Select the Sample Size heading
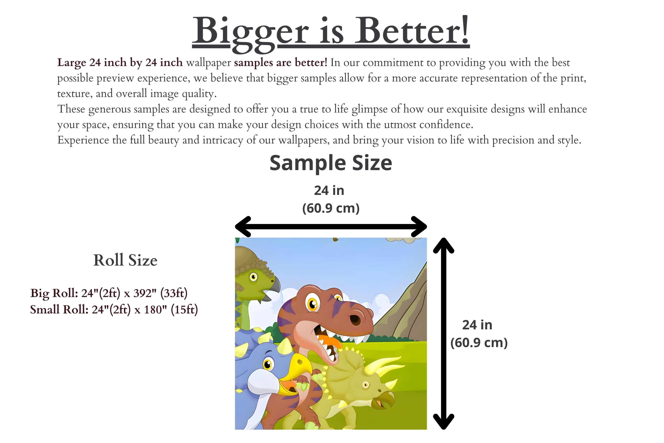[x=331, y=163]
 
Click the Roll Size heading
[x=125, y=260]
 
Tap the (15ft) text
[x=184, y=310]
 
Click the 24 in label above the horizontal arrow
[x=329, y=191]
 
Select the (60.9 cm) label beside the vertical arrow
[x=479, y=343]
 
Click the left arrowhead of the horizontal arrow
[x=243, y=227]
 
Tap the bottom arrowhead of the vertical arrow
[x=444, y=422]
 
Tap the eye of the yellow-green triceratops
[x=366, y=385]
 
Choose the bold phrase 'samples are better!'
[x=281, y=62]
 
